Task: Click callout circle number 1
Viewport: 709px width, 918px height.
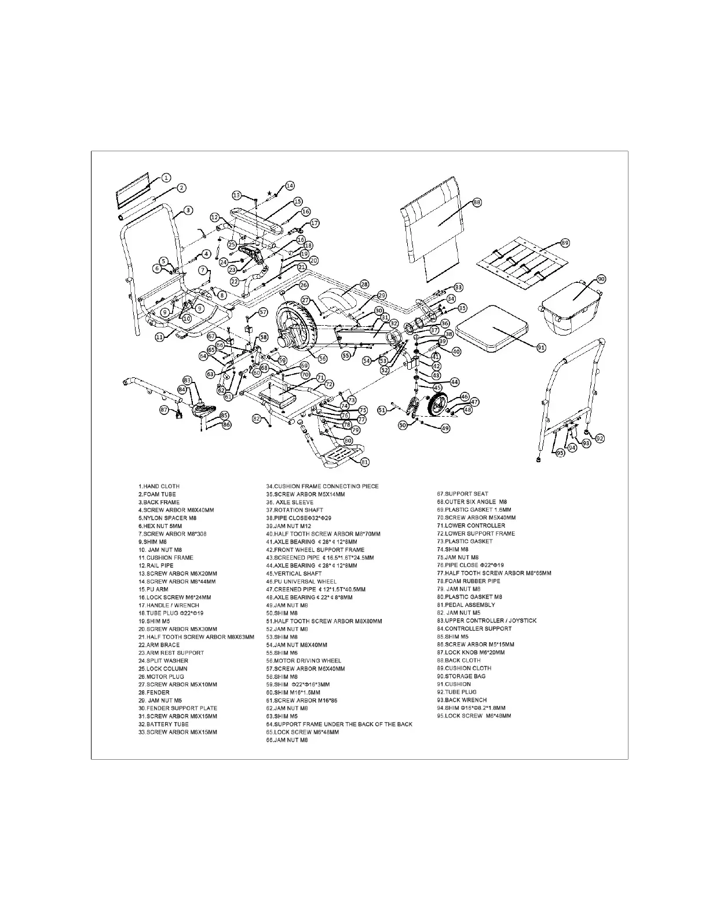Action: tap(166, 178)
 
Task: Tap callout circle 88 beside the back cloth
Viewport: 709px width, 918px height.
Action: tap(477, 202)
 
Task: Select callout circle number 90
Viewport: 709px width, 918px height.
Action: tap(601, 279)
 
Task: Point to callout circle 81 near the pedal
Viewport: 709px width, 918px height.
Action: tap(365, 462)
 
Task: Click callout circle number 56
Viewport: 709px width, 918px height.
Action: tap(323, 359)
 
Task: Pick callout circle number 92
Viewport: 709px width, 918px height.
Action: tap(600, 439)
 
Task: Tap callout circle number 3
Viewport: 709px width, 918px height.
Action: tap(189, 210)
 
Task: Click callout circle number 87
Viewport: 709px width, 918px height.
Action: tap(164, 410)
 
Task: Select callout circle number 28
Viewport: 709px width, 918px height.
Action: tap(364, 285)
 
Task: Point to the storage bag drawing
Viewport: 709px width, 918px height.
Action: tap(571, 307)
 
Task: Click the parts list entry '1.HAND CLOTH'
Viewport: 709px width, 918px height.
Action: tap(159, 486)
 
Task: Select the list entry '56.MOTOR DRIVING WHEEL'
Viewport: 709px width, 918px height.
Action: tap(304, 661)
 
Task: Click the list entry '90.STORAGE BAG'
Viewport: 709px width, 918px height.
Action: tap(461, 676)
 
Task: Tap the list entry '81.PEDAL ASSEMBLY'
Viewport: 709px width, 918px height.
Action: tap(466, 605)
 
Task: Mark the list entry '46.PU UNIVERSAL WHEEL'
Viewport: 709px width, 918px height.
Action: tap(301, 581)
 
